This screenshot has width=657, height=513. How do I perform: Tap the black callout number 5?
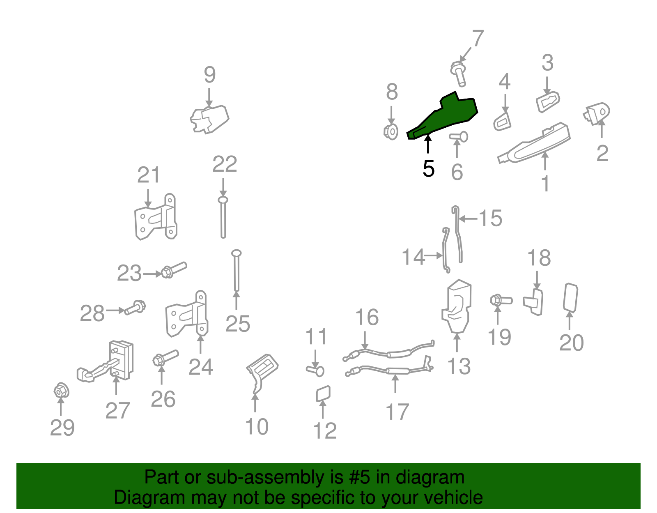pyautogui.click(x=428, y=168)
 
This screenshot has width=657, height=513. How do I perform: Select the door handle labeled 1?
pyautogui.click(x=534, y=143)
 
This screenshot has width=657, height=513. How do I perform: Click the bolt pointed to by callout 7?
pyautogui.click(x=458, y=73)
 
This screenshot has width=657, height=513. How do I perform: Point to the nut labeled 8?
pyautogui.click(x=391, y=132)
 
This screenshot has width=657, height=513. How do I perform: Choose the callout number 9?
pyautogui.click(x=209, y=74)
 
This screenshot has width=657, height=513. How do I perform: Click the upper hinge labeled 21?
pyautogui.click(x=155, y=217)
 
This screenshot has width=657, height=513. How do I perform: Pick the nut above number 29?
pyautogui.click(x=61, y=391)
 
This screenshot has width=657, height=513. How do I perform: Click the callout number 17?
pyautogui.click(x=397, y=412)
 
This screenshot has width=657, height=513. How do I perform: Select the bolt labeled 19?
pyautogui.click(x=501, y=301)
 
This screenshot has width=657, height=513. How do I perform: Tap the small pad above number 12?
pyautogui.click(x=323, y=394)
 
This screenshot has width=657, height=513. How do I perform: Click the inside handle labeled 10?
pyautogui.click(x=262, y=373)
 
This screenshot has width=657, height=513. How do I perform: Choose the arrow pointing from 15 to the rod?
pyautogui.click(x=469, y=218)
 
